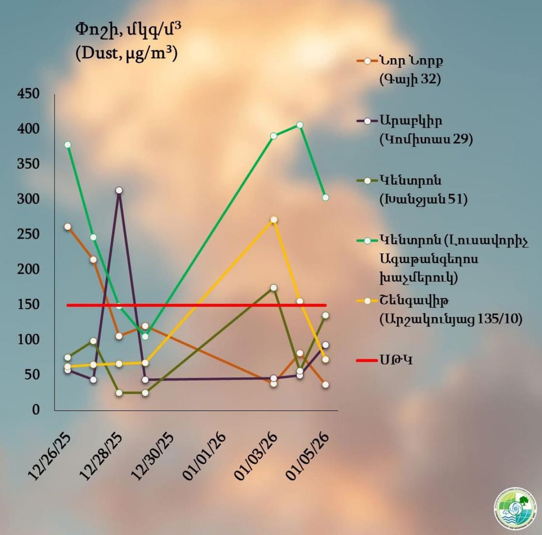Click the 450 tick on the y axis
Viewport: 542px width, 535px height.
28,94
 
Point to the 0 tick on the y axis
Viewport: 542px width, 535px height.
35,410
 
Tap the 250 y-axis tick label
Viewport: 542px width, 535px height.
28,234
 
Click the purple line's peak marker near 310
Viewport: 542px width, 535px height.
119,190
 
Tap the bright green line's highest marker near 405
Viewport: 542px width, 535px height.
300,125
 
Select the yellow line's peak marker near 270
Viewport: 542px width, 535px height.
274,219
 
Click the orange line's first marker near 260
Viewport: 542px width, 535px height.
67,226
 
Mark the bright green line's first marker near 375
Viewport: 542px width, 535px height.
67,145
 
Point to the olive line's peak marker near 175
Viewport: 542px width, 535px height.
274,288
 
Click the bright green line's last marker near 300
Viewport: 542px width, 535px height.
326,198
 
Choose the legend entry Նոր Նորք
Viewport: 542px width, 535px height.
411,61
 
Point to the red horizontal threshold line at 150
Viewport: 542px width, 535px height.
197,305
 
